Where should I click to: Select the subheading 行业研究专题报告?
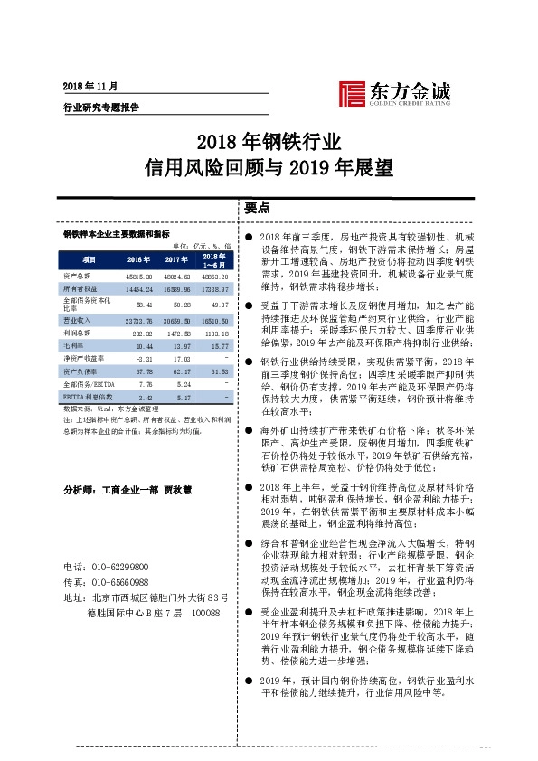click(100, 106)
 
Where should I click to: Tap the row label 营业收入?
click(76, 320)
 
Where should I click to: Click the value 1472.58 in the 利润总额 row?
click(175, 333)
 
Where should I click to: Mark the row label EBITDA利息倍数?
click(85, 396)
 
